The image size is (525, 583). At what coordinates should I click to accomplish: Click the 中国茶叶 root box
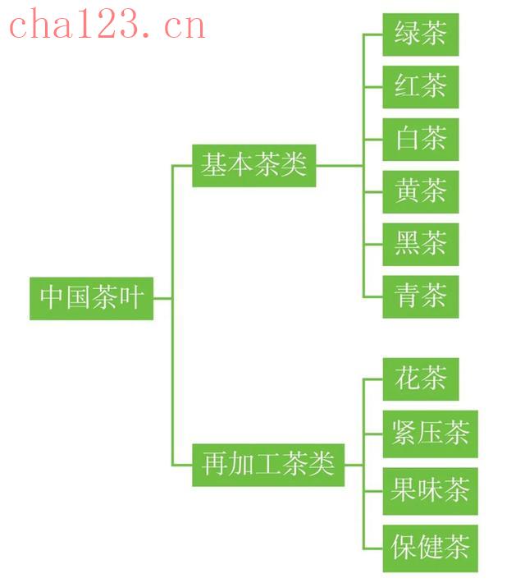[91, 298]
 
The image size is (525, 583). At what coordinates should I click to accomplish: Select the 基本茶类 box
[254, 165]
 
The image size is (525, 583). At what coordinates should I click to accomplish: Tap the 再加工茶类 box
[268, 465]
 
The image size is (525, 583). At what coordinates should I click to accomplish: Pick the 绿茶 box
[421, 34]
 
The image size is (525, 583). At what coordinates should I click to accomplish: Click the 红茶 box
[421, 87]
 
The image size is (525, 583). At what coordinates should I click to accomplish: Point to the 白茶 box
[421, 140]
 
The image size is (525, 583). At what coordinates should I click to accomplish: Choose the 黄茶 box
[421, 192]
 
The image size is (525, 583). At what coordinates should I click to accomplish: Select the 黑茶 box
[421, 244]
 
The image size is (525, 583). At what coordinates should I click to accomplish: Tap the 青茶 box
[421, 296]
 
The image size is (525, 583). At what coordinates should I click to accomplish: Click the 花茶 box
[421, 379]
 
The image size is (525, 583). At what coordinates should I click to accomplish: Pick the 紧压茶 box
[431, 434]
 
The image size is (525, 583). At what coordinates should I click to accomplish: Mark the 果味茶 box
[431, 491]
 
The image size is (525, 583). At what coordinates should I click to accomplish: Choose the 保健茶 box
[431, 549]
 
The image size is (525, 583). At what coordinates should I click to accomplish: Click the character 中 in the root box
[52, 297]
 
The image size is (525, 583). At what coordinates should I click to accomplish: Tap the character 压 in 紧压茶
[431, 433]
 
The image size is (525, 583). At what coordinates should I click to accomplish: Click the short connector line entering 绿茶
[373, 34]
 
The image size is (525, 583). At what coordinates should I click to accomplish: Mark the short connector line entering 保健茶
[373, 549]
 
